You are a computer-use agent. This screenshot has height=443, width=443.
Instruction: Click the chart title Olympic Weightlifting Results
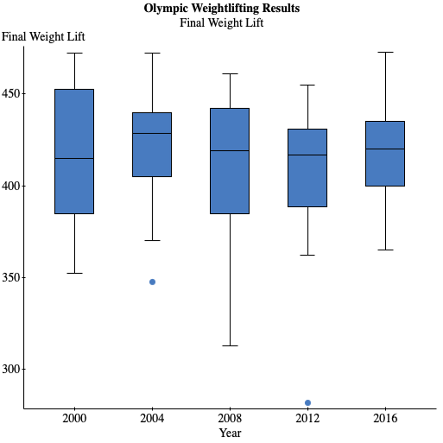221,9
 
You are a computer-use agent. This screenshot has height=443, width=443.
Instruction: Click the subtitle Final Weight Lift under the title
221,22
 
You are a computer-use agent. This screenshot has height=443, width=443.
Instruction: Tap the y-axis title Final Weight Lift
44,36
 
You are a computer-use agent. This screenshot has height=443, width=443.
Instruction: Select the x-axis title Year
230,433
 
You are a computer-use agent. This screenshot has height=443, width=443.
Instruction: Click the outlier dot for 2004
152,282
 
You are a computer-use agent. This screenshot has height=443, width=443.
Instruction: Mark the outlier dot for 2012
308,403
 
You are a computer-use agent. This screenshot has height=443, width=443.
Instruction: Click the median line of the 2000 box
74,159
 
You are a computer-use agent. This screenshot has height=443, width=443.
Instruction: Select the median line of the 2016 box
385,149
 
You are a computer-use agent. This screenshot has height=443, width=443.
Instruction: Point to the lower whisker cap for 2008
230,346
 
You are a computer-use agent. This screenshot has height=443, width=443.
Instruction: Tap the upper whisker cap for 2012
308,85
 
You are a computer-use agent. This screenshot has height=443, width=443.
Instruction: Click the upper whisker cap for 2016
385,52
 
